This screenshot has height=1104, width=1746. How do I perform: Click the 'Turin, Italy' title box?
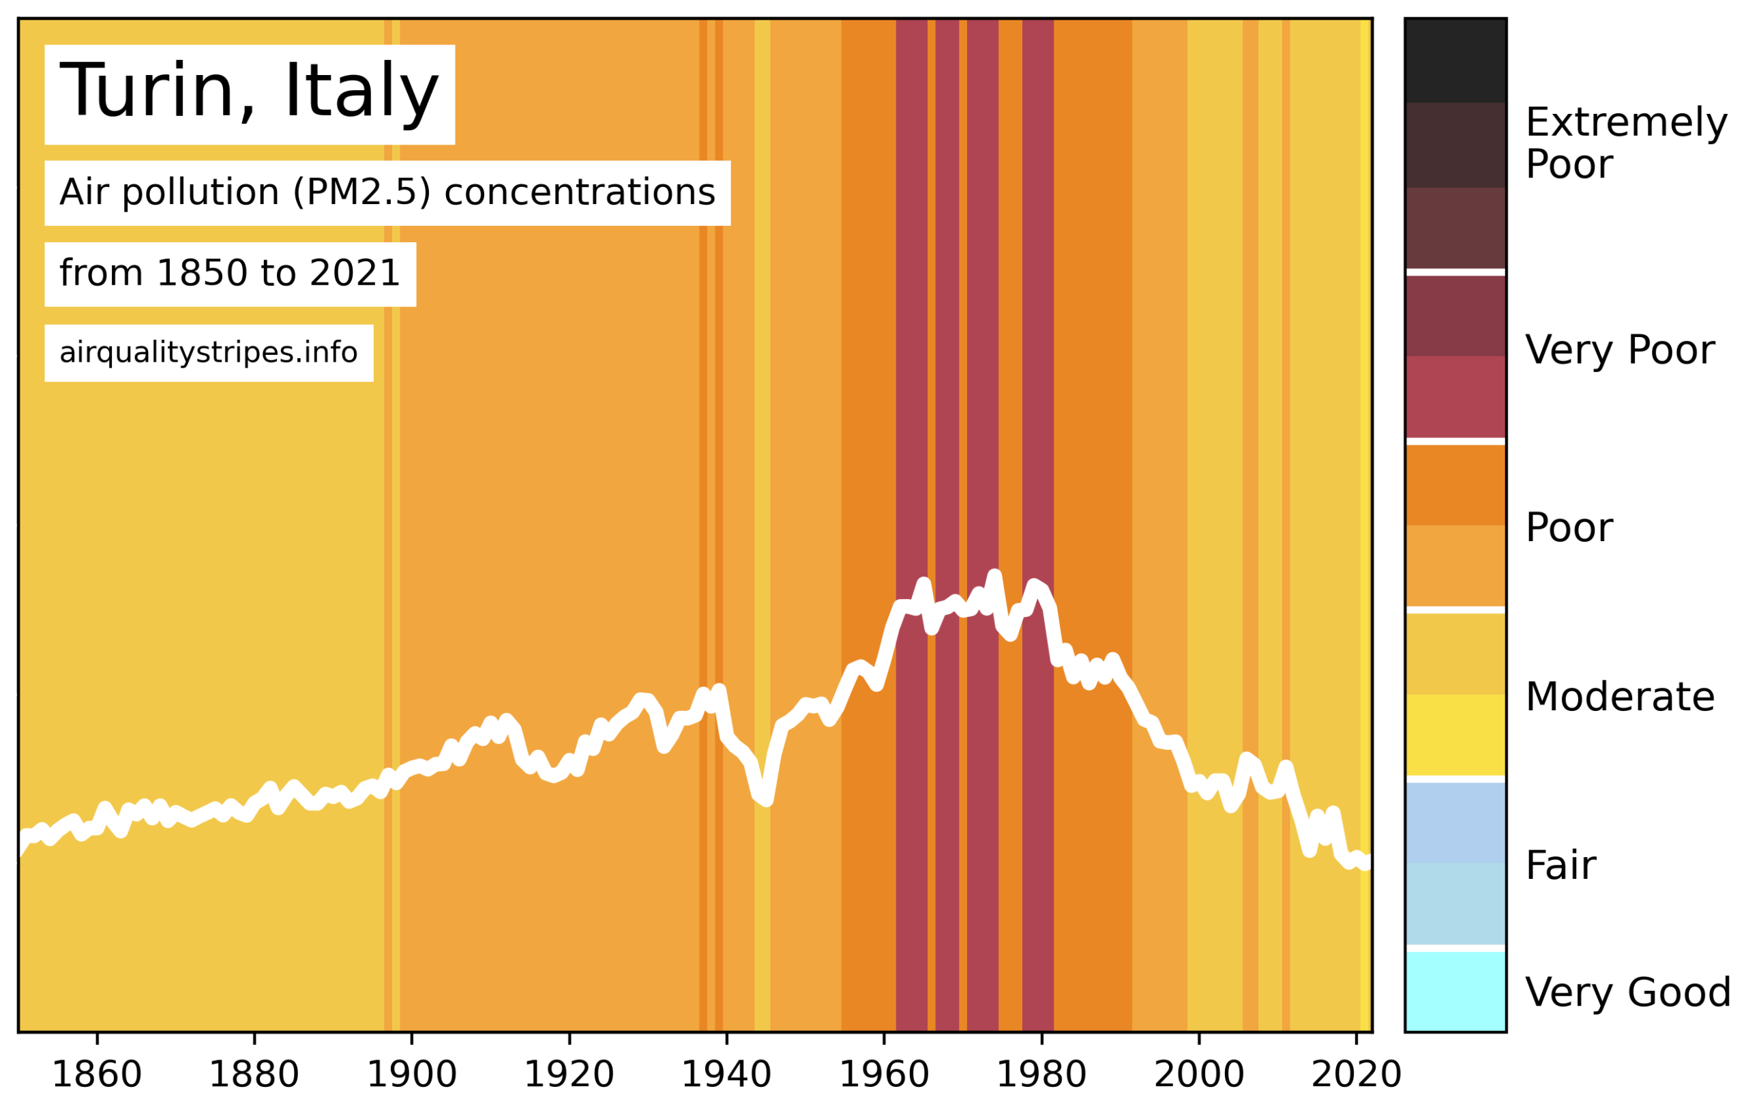pos(250,94)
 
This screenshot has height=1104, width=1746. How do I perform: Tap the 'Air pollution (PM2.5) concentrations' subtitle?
pos(387,193)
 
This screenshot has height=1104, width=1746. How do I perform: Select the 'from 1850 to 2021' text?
pos(230,274)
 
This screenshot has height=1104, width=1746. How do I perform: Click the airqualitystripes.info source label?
pos(209,353)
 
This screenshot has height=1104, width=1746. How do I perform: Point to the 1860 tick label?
pos(96,1074)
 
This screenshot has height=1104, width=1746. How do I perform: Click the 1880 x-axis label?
pos(254,1074)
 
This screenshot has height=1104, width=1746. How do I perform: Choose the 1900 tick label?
pos(412,1074)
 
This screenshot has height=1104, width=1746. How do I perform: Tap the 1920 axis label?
pos(569,1074)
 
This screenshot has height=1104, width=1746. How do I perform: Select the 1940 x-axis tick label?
pos(726,1074)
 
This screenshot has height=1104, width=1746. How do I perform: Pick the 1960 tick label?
pos(884,1074)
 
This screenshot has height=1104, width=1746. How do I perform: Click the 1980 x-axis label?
pos(1042,1074)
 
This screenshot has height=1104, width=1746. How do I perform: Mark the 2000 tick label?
pos(1199,1074)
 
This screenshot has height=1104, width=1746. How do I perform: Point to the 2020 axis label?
pos(1357,1074)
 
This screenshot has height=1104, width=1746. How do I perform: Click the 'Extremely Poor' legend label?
pos(1627,143)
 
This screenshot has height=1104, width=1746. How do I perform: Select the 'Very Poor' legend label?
pos(1620,350)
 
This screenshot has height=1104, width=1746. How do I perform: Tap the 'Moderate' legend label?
pos(1620,697)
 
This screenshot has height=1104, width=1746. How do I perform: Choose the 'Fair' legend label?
pos(1561,865)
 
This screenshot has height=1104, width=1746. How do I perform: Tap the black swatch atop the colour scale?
pos(1455,60)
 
